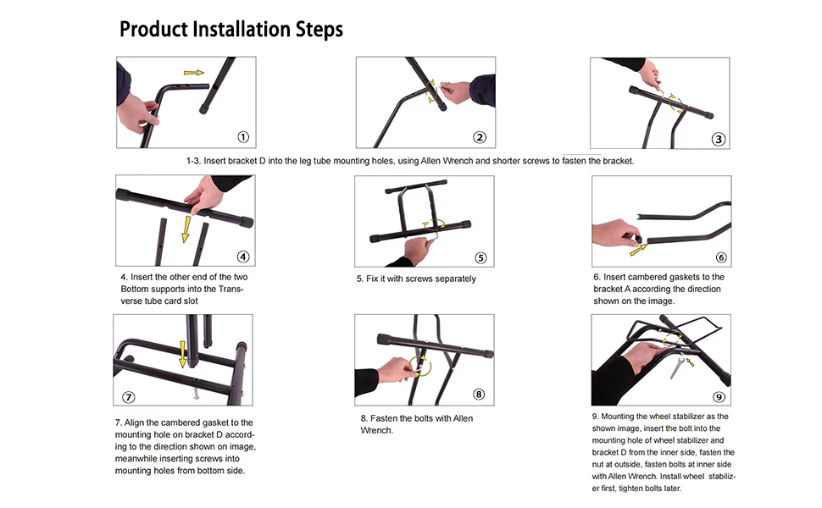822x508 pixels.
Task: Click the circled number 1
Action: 243,136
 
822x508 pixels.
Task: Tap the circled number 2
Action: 480,138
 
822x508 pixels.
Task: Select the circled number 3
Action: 719,140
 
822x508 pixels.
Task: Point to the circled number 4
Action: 243,257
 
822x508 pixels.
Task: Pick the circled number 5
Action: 480,258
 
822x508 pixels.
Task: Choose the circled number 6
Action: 720,257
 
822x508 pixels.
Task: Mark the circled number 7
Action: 129,396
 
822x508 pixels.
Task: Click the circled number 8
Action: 479,394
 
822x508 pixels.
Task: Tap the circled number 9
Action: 719,396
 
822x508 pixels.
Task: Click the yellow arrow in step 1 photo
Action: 194,73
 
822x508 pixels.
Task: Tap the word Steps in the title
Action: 315,30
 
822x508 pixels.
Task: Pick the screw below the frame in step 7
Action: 195,392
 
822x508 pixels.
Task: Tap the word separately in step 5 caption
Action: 453,279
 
